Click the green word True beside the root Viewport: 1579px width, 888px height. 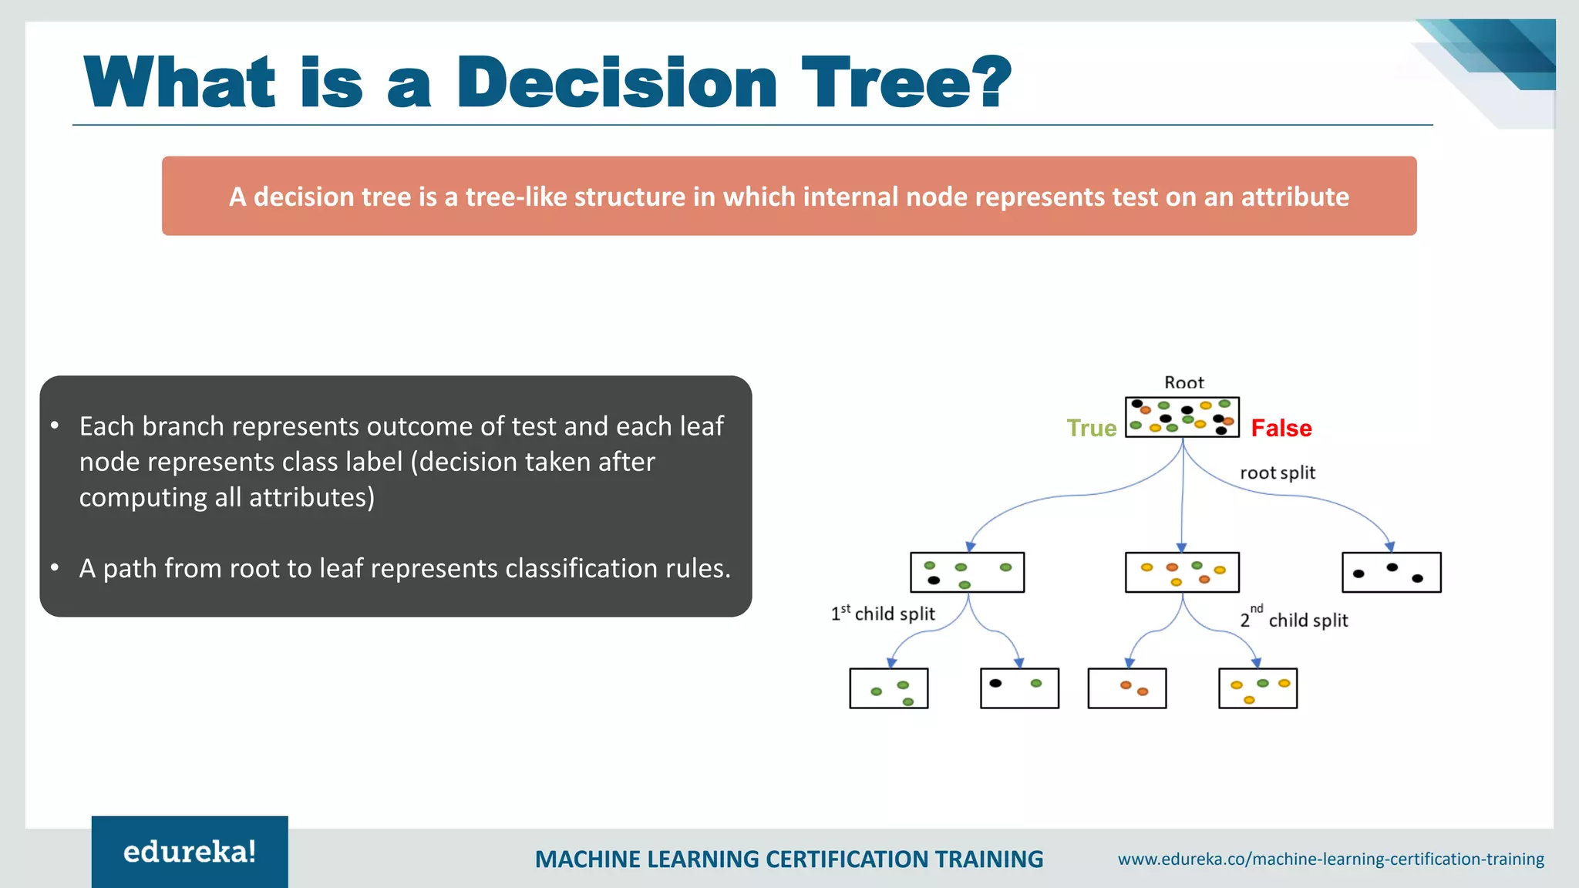[x=1091, y=428]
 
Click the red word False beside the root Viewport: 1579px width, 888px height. [x=1281, y=428]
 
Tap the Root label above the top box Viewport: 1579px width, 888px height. [x=1183, y=383]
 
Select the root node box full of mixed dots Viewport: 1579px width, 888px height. [x=1182, y=417]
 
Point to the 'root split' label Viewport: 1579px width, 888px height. [x=1278, y=473]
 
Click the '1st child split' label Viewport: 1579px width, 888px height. [x=883, y=614]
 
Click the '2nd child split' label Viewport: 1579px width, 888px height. [x=1295, y=618]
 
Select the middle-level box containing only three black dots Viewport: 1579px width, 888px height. [x=1392, y=572]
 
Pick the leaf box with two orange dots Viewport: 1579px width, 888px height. [x=1127, y=688]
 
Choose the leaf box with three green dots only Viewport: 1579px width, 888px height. [x=889, y=688]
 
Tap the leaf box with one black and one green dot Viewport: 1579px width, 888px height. [x=1019, y=688]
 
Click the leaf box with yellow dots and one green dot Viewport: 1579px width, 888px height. [x=1258, y=688]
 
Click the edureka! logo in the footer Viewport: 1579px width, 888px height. [x=190, y=852]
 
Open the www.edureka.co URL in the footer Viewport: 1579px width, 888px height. [x=1332, y=859]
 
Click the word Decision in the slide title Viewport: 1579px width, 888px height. [x=617, y=82]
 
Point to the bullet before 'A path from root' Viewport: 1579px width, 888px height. [x=55, y=568]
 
